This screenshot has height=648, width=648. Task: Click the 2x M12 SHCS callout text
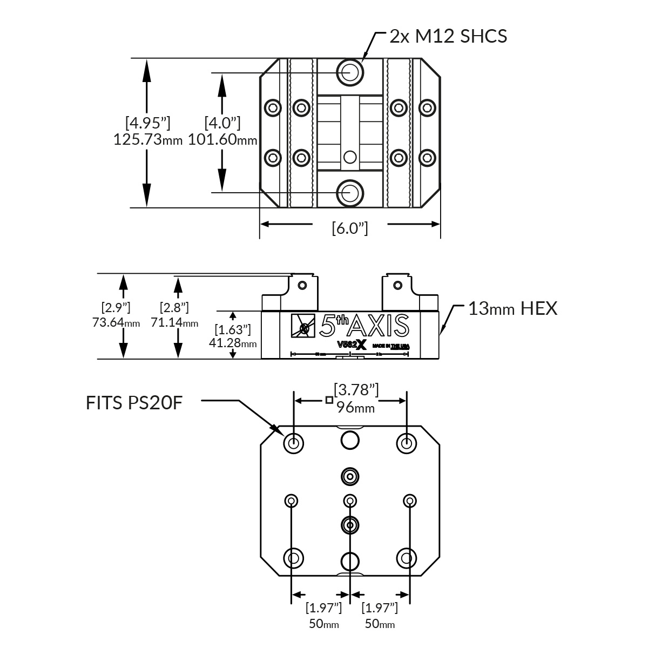pos(448,36)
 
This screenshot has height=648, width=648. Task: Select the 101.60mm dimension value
pos(222,140)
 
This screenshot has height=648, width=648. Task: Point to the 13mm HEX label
pos(512,309)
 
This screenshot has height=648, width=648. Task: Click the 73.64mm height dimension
pos(116,323)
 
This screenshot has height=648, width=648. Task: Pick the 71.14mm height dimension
pos(174,323)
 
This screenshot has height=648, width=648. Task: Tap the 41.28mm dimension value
pos(232,343)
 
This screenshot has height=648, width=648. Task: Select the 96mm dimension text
pos(355,407)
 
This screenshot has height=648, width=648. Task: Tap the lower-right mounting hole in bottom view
pos(406,557)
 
